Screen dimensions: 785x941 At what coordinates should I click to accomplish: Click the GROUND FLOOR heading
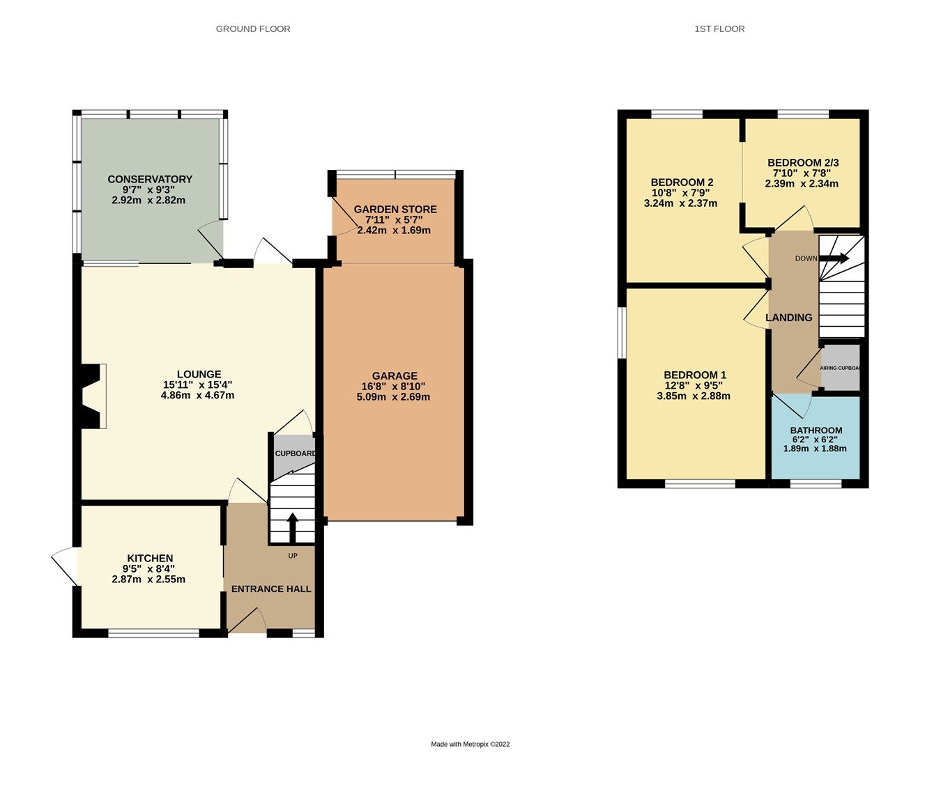253,29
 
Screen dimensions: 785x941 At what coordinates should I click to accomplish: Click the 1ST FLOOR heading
719,29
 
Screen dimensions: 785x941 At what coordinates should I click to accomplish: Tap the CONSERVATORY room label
150,179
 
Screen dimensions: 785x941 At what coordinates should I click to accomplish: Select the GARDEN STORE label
395,209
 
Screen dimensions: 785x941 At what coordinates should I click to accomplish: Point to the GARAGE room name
395,375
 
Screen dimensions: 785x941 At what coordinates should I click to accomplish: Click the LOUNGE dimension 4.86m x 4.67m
197,396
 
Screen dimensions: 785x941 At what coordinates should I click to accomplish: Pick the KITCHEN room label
150,558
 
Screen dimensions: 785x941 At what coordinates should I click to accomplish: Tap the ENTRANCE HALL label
271,589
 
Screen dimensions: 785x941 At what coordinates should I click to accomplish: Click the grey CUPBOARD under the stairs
295,453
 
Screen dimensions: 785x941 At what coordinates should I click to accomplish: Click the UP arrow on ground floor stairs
292,527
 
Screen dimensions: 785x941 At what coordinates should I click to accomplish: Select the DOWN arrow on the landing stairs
835,258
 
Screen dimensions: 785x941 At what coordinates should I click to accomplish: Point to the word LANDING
789,318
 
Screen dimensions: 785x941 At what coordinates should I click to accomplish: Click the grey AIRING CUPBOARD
841,368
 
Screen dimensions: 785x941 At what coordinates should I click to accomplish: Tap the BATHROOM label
816,430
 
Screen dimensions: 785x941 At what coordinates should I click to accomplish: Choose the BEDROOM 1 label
695,375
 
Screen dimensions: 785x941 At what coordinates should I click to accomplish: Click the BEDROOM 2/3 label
803,162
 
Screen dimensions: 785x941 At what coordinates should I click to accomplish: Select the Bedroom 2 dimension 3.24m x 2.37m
680,203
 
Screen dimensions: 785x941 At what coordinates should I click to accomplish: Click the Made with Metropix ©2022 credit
470,744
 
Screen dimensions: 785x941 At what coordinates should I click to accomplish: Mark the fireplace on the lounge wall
93,396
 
